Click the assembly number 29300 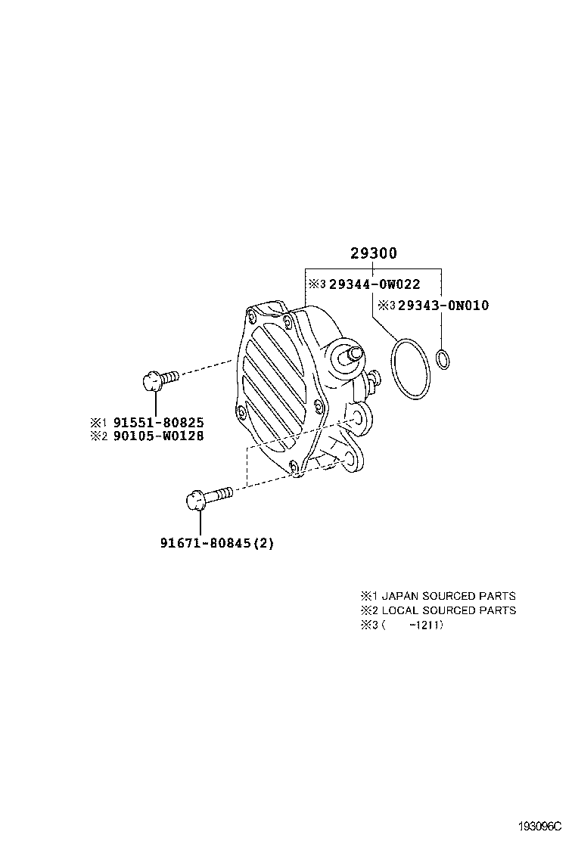(x=373, y=253)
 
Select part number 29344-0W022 (x=374, y=284)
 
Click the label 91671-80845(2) (x=216, y=542)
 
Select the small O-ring (x=444, y=359)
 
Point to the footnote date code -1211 (x=425, y=625)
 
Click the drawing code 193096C (x=541, y=826)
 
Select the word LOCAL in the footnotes (x=399, y=610)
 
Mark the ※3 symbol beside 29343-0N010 (x=386, y=306)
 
